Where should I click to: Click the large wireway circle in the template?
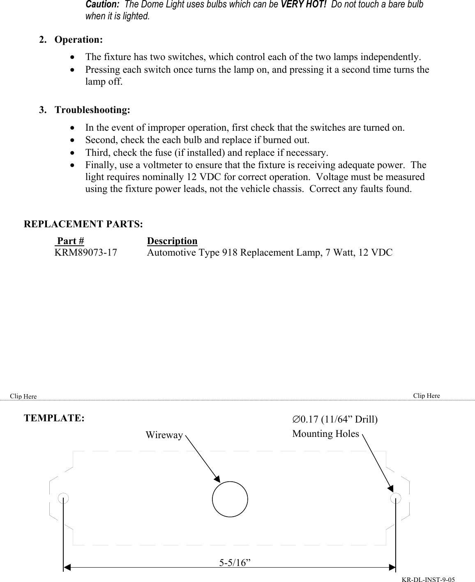click(x=230, y=499)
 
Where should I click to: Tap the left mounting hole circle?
click(x=63, y=498)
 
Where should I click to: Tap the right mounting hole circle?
click(x=395, y=498)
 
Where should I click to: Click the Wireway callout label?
click(x=164, y=435)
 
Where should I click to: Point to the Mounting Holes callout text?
click(x=325, y=434)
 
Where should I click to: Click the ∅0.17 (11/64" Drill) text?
click(x=335, y=420)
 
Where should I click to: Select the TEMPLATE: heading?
click(x=55, y=418)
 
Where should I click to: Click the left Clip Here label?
click(x=23, y=396)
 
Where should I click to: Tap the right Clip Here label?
click(x=427, y=395)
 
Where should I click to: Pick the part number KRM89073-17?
click(x=86, y=252)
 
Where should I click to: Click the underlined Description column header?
click(x=172, y=241)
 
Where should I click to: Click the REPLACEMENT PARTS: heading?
click(x=84, y=224)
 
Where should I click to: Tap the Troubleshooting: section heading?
click(x=92, y=110)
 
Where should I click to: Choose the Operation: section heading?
click(x=78, y=40)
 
